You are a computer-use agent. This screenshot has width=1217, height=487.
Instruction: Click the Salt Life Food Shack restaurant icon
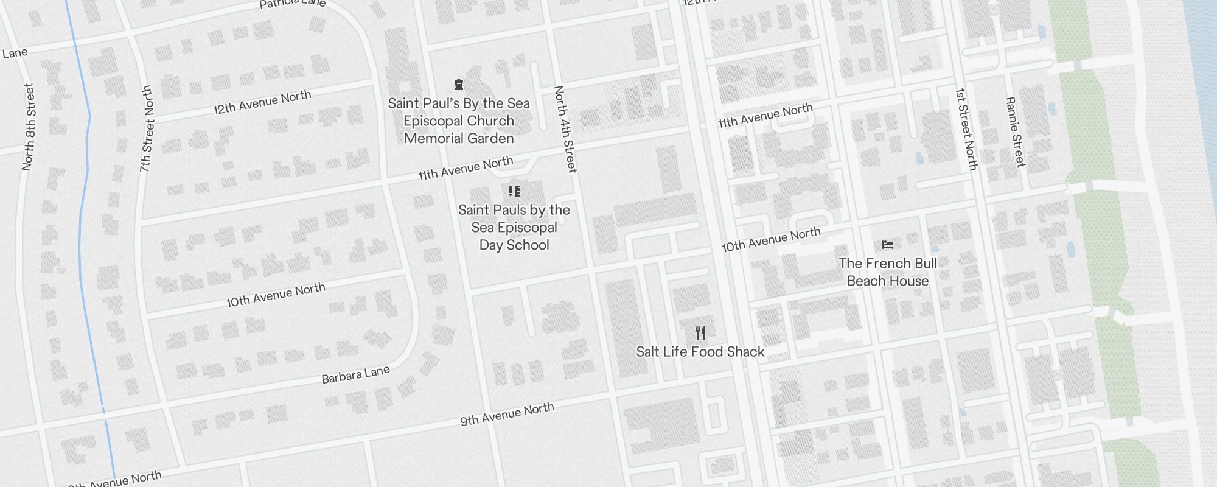coord(700,333)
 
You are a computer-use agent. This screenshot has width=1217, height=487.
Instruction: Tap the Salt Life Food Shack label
coord(700,352)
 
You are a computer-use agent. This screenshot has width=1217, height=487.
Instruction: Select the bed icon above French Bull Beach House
coord(888,245)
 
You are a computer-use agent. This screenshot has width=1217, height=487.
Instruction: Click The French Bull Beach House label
coord(888,272)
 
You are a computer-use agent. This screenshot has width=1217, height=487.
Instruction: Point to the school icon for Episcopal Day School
coord(514,191)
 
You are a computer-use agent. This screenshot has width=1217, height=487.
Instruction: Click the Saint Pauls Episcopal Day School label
coord(514,228)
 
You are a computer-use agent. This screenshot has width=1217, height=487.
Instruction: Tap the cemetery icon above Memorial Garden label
coord(459,85)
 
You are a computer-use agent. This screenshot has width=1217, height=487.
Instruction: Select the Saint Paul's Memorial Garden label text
coord(459,121)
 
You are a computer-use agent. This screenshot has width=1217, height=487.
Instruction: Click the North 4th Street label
coord(565,128)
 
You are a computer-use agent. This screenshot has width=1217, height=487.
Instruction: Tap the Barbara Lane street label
coord(355,374)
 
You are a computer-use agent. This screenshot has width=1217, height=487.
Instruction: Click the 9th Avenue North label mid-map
coord(507,414)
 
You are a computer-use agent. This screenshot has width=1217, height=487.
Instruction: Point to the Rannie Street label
coord(1015,131)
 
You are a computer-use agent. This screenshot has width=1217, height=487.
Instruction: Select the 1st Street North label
coord(966,129)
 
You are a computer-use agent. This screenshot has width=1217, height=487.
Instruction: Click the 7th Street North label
coord(146,128)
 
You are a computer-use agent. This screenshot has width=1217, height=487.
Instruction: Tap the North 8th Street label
coord(29,127)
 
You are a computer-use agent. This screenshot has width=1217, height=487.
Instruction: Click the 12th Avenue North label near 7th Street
coord(262,102)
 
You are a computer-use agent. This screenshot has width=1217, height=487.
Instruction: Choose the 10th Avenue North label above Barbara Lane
coord(276,295)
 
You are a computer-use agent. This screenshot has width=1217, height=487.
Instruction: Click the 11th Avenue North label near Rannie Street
coord(765,116)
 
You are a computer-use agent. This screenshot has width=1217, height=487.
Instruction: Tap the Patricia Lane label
coord(292,4)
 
